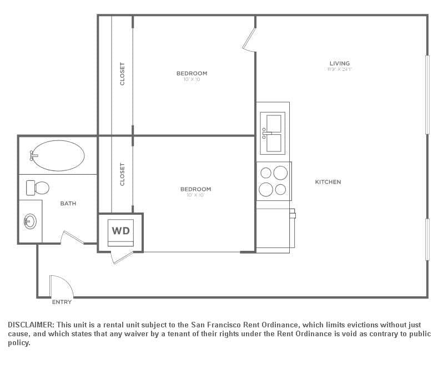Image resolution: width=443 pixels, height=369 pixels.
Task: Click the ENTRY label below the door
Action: pos(62,302)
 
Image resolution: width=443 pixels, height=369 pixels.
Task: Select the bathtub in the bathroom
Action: pos(58,155)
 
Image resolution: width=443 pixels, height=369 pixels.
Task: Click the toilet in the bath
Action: pos(38,188)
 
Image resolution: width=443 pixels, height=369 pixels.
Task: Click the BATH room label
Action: pos(68,204)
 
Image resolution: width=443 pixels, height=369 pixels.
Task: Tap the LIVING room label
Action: pos(339,64)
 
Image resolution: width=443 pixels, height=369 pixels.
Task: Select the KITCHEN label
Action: pos(328,182)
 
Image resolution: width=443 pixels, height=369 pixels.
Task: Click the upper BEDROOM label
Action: pos(192,73)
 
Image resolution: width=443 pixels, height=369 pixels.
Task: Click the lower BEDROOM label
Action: pos(195,189)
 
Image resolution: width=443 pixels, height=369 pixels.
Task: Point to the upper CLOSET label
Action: pos(122,74)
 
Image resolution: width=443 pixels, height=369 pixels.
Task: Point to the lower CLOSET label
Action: pos(122,174)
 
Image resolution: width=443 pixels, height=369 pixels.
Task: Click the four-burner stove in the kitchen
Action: pos(273,181)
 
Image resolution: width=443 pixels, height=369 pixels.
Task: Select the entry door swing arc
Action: pos(62,285)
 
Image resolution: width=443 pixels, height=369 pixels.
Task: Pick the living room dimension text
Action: pos(340,70)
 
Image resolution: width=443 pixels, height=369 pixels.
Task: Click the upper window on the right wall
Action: pos(427,94)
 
